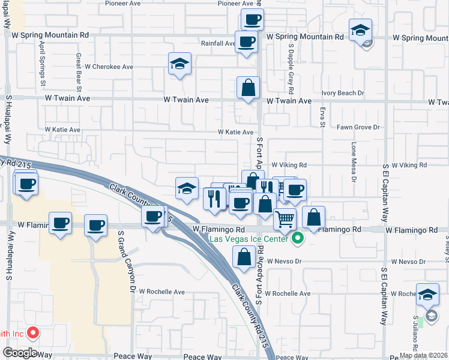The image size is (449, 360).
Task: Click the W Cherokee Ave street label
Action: click(x=109, y=67)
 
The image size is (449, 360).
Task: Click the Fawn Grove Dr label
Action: click(x=358, y=127)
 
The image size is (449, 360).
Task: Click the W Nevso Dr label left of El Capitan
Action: click(x=287, y=262)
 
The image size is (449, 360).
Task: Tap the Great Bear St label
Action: click(x=79, y=68)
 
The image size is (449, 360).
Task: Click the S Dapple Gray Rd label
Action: click(x=291, y=68)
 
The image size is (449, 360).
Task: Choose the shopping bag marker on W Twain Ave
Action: click(x=248, y=88)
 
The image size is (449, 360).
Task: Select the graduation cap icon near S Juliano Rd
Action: click(x=427, y=295)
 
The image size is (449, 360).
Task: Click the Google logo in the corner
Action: click(x=20, y=353)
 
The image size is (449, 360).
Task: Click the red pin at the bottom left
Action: click(x=33, y=332)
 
